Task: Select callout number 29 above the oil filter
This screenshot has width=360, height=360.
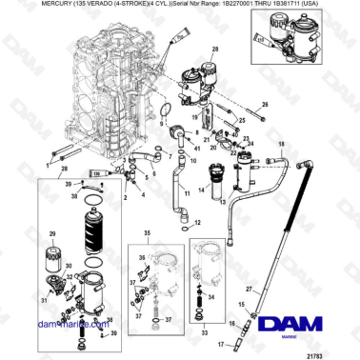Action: click(51, 233)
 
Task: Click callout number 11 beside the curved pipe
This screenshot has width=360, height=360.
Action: click(187, 194)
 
